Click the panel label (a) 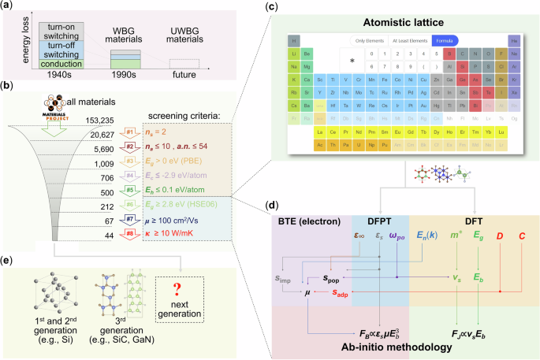click(9, 7)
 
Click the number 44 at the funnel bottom click(109, 236)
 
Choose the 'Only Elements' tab click(367, 40)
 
